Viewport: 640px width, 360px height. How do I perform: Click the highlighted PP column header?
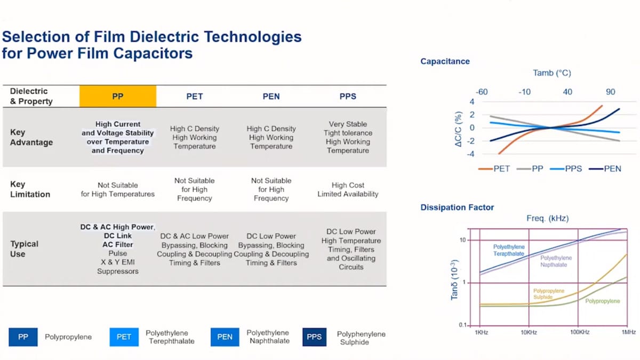coord(118,97)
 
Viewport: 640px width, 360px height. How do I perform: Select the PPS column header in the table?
coord(348,97)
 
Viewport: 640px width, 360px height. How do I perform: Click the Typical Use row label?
coord(25,249)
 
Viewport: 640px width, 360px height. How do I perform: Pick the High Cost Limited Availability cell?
coord(348,189)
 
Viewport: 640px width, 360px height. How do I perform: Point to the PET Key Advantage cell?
coord(195,137)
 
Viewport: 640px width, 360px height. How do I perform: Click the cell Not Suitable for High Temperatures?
coord(118,190)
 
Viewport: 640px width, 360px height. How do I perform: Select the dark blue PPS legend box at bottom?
coord(314,337)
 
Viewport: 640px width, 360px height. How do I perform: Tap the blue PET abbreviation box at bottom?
coord(124,337)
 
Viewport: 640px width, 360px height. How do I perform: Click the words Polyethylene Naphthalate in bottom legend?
coord(268,337)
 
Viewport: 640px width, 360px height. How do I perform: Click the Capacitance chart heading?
coord(445,61)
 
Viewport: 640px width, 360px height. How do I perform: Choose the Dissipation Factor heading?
coord(457,207)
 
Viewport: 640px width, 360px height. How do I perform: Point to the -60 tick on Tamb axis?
coord(482,92)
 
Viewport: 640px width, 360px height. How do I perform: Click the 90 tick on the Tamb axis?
coord(610,92)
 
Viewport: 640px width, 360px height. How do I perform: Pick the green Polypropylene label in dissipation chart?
coord(603,301)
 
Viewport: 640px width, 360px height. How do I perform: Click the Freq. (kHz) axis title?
coord(547,219)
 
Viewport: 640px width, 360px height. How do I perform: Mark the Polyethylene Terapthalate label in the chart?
coord(509,250)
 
